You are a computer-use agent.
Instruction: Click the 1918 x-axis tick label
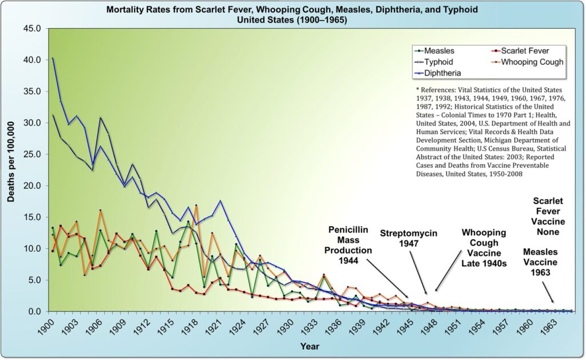[x=189, y=326]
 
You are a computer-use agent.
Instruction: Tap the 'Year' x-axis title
[x=310, y=346]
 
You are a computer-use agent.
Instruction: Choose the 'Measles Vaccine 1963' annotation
[x=540, y=262]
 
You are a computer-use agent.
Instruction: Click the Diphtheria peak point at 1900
[x=53, y=58]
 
